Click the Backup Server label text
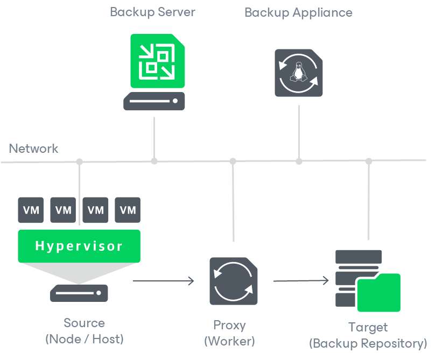(x=152, y=12)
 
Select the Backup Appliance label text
(x=298, y=12)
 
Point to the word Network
(x=33, y=149)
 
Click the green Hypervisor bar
(x=79, y=246)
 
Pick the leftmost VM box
(x=31, y=210)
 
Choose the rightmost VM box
(x=128, y=210)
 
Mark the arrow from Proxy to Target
(x=301, y=280)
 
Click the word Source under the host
(x=84, y=323)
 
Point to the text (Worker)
(x=229, y=341)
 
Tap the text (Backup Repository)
(x=368, y=343)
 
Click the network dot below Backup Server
(x=154, y=161)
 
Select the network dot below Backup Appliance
(x=299, y=161)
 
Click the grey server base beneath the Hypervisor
(x=79, y=293)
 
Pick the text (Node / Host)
(x=84, y=339)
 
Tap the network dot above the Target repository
(x=369, y=161)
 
